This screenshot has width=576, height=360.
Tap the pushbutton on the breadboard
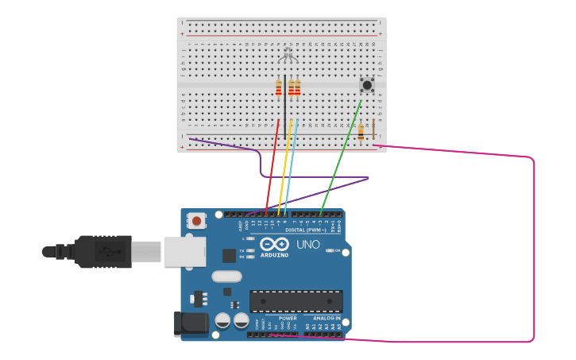click(367, 84)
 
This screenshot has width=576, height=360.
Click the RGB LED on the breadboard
click(288, 54)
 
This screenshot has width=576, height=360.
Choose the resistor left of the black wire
click(279, 87)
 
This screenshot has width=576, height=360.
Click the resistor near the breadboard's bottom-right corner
click(361, 132)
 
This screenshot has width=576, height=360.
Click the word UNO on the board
click(308, 245)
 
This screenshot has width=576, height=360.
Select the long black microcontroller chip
click(296, 301)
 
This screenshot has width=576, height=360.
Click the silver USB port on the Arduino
click(184, 251)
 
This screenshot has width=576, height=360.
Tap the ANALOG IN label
click(326, 318)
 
